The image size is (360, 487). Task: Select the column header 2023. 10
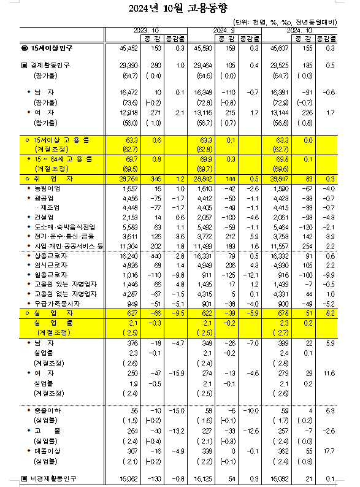[x=146, y=29]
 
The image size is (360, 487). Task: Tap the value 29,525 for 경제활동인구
[x=288, y=64]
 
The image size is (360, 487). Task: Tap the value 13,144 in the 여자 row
[x=288, y=112]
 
